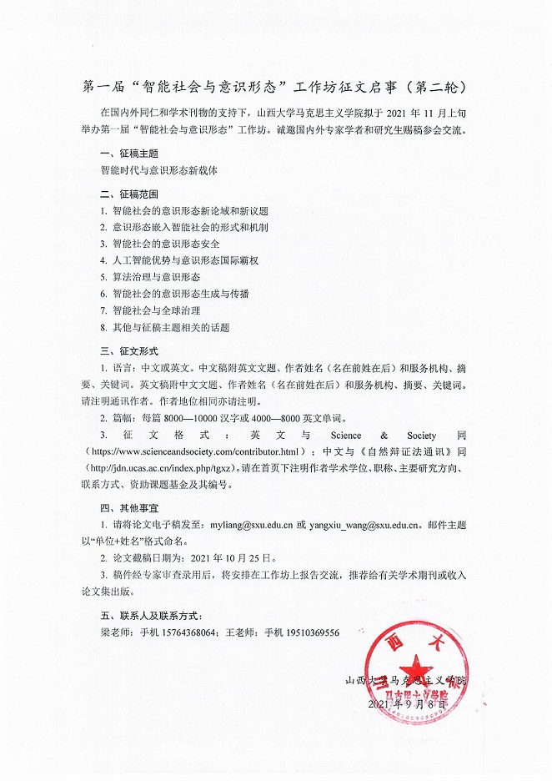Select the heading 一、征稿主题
(128, 154)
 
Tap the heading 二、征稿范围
(128, 194)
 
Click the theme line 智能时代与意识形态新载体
(158, 169)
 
